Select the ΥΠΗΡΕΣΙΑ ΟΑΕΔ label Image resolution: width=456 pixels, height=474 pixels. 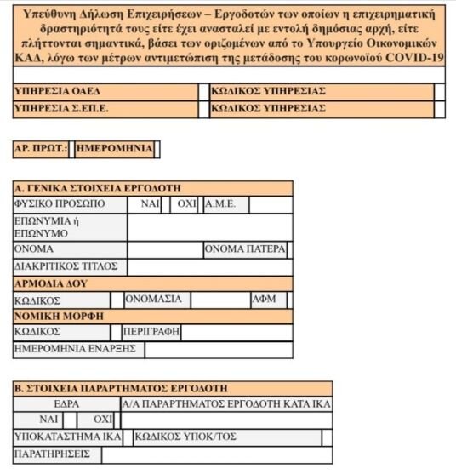(50, 91)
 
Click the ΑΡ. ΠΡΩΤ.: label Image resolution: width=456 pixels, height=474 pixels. (40, 149)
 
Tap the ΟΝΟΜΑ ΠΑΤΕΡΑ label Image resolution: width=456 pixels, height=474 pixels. (244, 249)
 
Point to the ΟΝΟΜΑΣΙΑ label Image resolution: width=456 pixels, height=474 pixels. (153, 300)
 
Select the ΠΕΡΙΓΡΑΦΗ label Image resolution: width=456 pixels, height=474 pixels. (151, 332)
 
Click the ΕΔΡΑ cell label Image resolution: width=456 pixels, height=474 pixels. (66, 404)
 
